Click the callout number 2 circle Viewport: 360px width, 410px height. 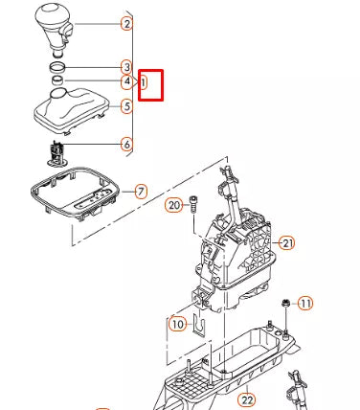tap(127, 24)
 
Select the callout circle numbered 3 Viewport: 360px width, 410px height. tap(127, 67)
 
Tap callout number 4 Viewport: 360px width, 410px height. tap(127, 81)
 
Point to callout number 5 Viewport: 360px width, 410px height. tap(127, 106)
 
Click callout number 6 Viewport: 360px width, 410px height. tap(127, 145)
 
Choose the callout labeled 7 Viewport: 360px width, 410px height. tap(141, 192)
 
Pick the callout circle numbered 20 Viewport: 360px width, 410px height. tap(174, 205)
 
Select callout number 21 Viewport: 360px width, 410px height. tap(287, 243)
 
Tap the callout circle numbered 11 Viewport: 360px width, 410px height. tap(305, 304)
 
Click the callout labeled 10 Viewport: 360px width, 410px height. tap(178, 324)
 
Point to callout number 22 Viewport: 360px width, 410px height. tap(247, 399)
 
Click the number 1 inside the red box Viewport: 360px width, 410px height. tap(144, 83)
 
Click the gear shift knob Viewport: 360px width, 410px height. tap(55, 28)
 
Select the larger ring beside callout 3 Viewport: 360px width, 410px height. tap(57, 67)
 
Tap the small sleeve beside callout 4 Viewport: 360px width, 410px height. tap(57, 80)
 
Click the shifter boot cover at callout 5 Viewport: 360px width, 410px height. tap(71, 111)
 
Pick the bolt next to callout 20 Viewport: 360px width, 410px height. tap(193, 205)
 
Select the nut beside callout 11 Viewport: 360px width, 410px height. tap(285, 303)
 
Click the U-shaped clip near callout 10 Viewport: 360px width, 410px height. tap(199, 323)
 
